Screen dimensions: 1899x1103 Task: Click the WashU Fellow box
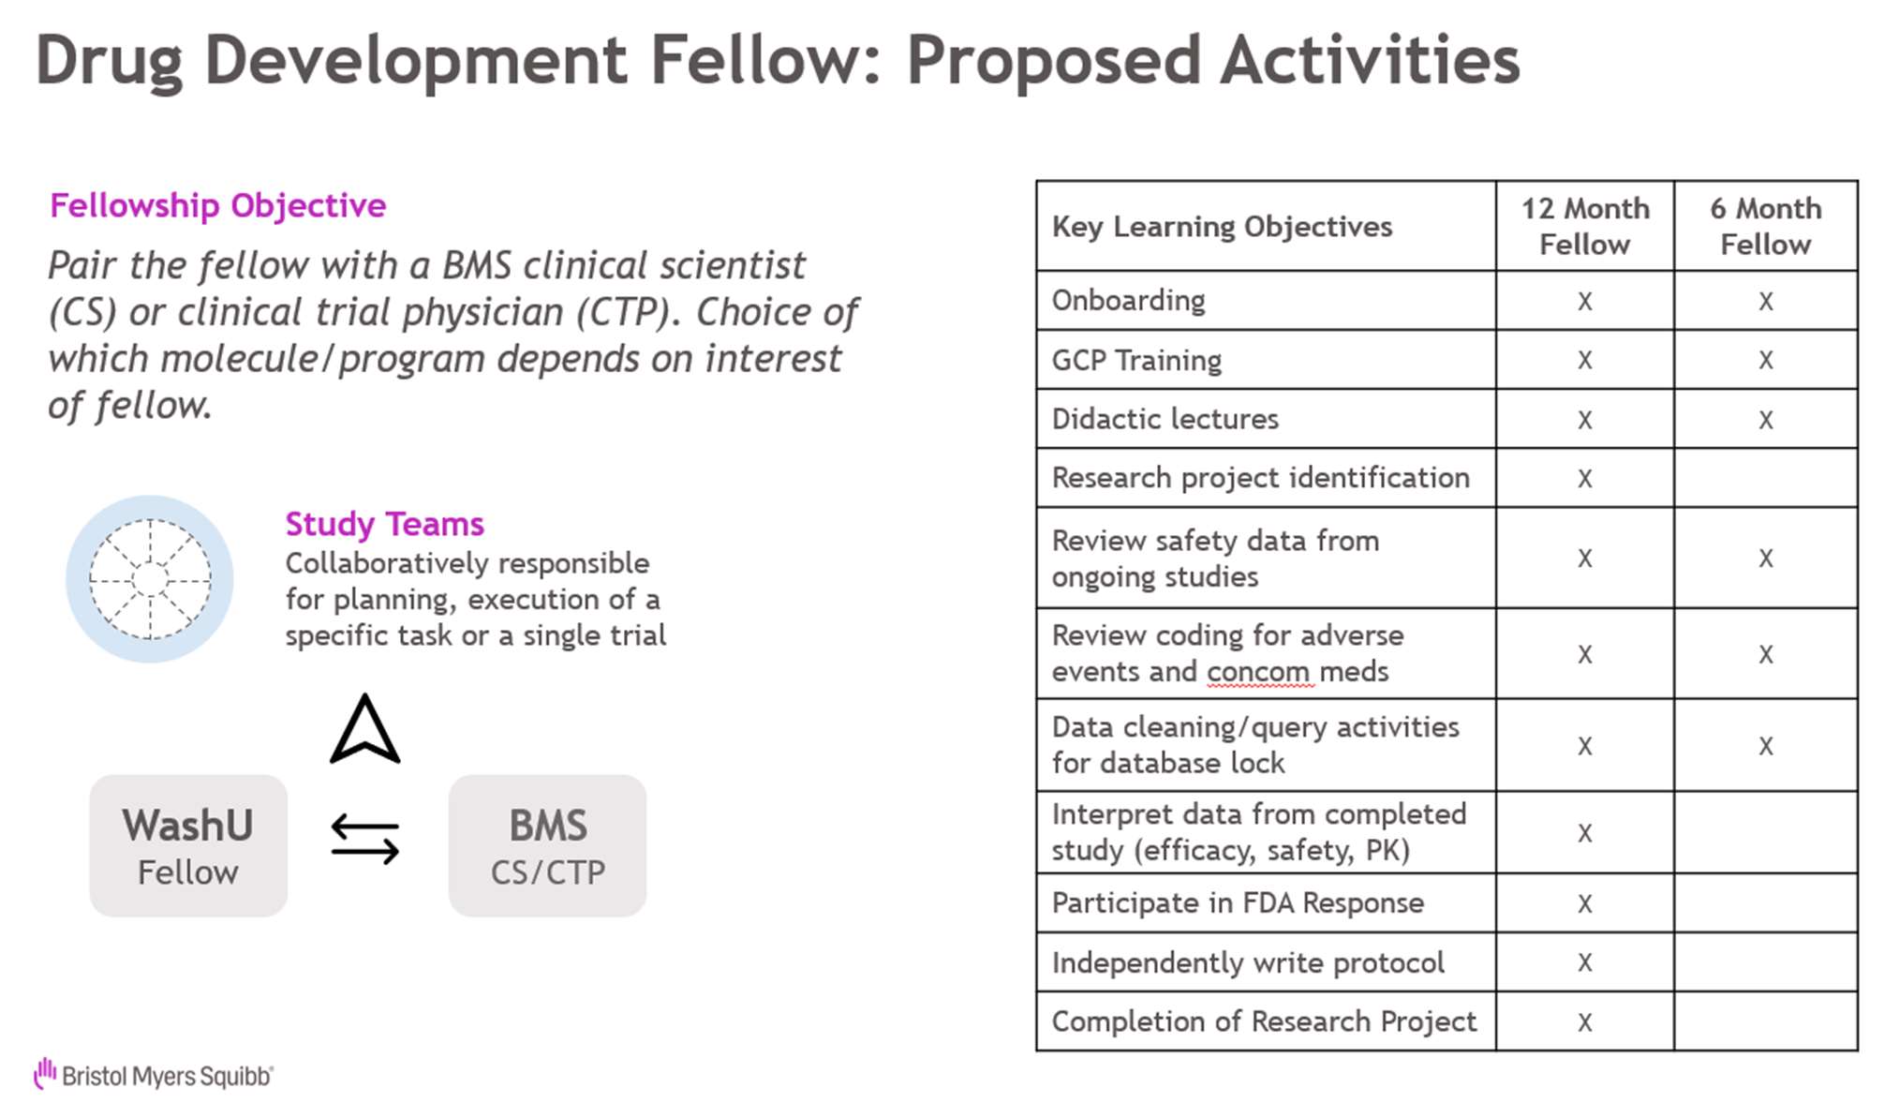click(x=188, y=845)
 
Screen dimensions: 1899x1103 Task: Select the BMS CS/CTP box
click(x=547, y=845)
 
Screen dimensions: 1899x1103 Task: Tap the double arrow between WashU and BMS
click(x=365, y=839)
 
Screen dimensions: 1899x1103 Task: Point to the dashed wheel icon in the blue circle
click(x=150, y=579)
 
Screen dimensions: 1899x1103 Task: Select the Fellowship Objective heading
click(x=217, y=205)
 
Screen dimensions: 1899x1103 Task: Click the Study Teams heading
click(x=384, y=524)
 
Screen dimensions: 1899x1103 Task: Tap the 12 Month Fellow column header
click(x=1585, y=226)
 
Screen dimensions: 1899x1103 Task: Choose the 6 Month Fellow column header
click(x=1766, y=226)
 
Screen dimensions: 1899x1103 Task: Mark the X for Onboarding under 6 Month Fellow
click(x=1766, y=301)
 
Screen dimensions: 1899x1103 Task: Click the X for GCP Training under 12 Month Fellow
click(x=1585, y=360)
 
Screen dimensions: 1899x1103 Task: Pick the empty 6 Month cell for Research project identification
click(x=1766, y=478)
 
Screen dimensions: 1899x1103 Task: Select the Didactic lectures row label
click(x=1165, y=419)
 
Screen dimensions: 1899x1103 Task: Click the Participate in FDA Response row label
click(x=1238, y=903)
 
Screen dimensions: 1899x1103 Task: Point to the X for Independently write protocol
click(x=1585, y=962)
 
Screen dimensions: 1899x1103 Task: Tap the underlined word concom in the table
click(x=1258, y=673)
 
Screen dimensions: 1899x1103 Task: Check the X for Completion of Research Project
click(x=1585, y=1021)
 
